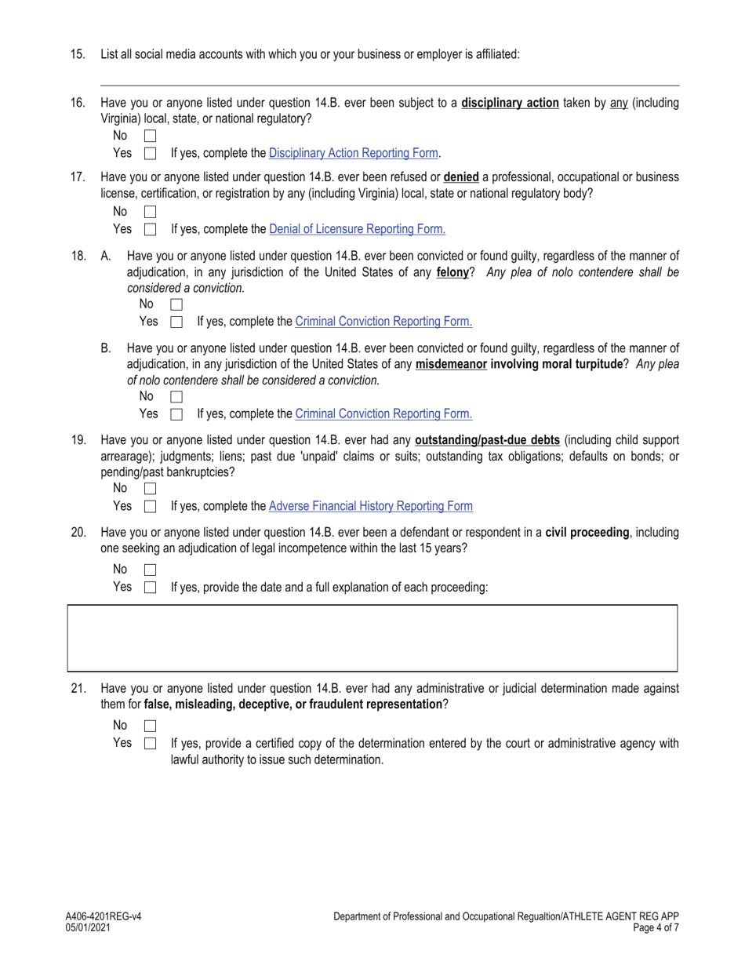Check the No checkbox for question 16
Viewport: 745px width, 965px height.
(151, 137)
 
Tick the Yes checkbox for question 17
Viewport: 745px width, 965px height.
(151, 230)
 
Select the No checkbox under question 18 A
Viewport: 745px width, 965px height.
(176, 304)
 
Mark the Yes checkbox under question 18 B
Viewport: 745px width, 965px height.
(176, 414)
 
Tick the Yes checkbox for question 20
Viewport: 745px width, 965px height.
(151, 588)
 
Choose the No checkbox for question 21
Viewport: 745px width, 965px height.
(151, 726)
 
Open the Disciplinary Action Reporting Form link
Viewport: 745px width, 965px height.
(353, 153)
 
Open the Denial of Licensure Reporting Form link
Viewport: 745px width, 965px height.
(357, 229)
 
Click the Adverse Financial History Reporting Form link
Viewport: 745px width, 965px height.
(370, 506)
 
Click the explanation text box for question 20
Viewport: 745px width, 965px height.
(372, 638)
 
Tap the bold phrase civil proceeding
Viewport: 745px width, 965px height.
(587, 533)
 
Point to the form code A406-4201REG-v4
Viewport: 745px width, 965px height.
(104, 916)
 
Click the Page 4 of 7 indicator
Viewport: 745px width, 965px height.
(655, 927)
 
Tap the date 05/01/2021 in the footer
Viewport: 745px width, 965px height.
(89, 927)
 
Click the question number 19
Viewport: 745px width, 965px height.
(78, 440)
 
